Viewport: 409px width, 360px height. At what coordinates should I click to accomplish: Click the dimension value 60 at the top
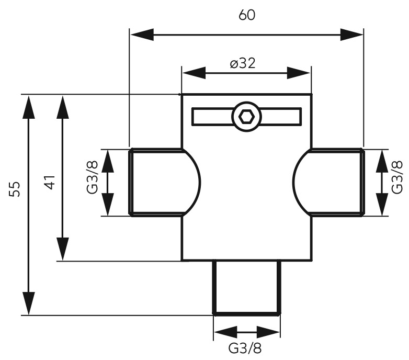(x=247, y=15)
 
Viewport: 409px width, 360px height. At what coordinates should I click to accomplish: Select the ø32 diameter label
(x=243, y=63)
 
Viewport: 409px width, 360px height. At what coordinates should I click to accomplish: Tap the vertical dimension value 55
(x=14, y=189)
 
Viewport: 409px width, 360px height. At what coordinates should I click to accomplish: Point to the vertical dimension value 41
(x=50, y=182)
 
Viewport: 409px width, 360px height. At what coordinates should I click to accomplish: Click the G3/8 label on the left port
(x=92, y=177)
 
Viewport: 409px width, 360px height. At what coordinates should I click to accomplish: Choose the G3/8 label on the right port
(x=397, y=177)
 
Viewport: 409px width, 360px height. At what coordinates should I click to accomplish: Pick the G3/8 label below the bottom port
(x=245, y=348)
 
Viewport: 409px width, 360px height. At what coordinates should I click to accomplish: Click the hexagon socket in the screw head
(x=246, y=117)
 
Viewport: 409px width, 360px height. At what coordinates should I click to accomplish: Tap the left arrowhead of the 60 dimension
(x=142, y=35)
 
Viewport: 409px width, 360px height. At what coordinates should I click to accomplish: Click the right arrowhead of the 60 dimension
(x=351, y=35)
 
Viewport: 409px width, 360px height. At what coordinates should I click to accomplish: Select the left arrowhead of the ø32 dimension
(x=194, y=73)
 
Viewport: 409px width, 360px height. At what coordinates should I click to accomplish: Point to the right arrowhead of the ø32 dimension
(x=299, y=73)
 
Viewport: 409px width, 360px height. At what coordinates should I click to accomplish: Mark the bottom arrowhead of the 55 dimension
(x=29, y=303)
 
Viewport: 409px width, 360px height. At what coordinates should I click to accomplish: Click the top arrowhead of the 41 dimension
(x=63, y=107)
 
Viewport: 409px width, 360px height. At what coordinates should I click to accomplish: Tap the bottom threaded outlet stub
(x=247, y=288)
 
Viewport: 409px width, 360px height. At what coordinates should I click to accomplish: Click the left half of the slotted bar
(x=212, y=117)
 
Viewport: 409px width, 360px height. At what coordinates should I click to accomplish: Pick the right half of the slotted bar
(x=281, y=117)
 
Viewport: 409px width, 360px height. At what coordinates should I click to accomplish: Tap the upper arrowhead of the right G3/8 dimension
(x=382, y=161)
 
